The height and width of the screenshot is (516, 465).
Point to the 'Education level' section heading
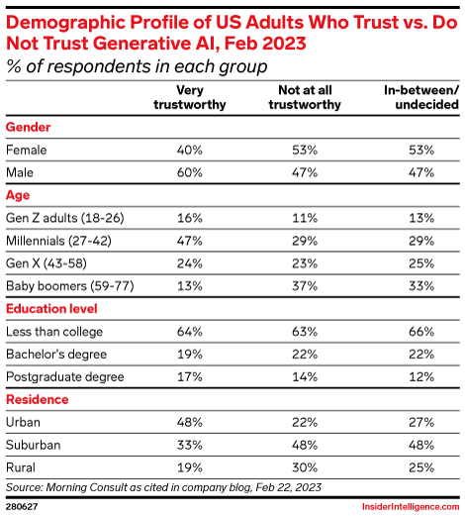(x=49, y=309)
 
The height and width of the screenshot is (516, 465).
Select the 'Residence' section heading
(x=38, y=399)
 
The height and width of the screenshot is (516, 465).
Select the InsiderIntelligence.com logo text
(x=407, y=504)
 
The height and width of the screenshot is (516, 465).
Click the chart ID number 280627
(x=24, y=504)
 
